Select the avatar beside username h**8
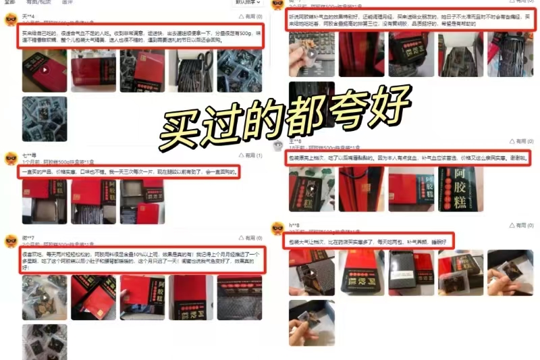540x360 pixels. tap(277, 228)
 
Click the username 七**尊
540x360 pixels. tap(29, 155)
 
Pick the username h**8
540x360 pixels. tap(295, 224)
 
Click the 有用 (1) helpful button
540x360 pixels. tap(249, 155)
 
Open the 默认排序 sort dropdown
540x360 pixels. tap(248, 2)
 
